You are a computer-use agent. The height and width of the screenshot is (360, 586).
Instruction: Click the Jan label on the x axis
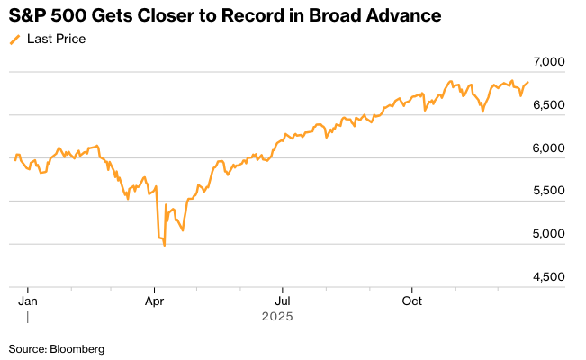pos(28,300)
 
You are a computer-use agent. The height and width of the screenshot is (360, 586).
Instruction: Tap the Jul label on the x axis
pos(283,300)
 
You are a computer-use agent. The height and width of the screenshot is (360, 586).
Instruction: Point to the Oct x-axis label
pos(411,300)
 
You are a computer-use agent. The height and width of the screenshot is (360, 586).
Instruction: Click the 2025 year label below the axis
pos(277,317)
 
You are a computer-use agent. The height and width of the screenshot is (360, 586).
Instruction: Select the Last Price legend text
pos(57,39)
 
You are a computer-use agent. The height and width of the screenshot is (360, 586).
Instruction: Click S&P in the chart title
pos(27,16)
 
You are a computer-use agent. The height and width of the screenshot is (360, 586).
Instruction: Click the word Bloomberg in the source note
pos(77,348)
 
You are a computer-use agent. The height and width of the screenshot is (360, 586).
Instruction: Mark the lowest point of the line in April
pos(164,246)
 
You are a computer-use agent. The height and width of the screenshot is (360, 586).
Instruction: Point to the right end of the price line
pos(528,83)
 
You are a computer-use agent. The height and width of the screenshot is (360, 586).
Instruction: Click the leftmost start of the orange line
pos(11,160)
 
